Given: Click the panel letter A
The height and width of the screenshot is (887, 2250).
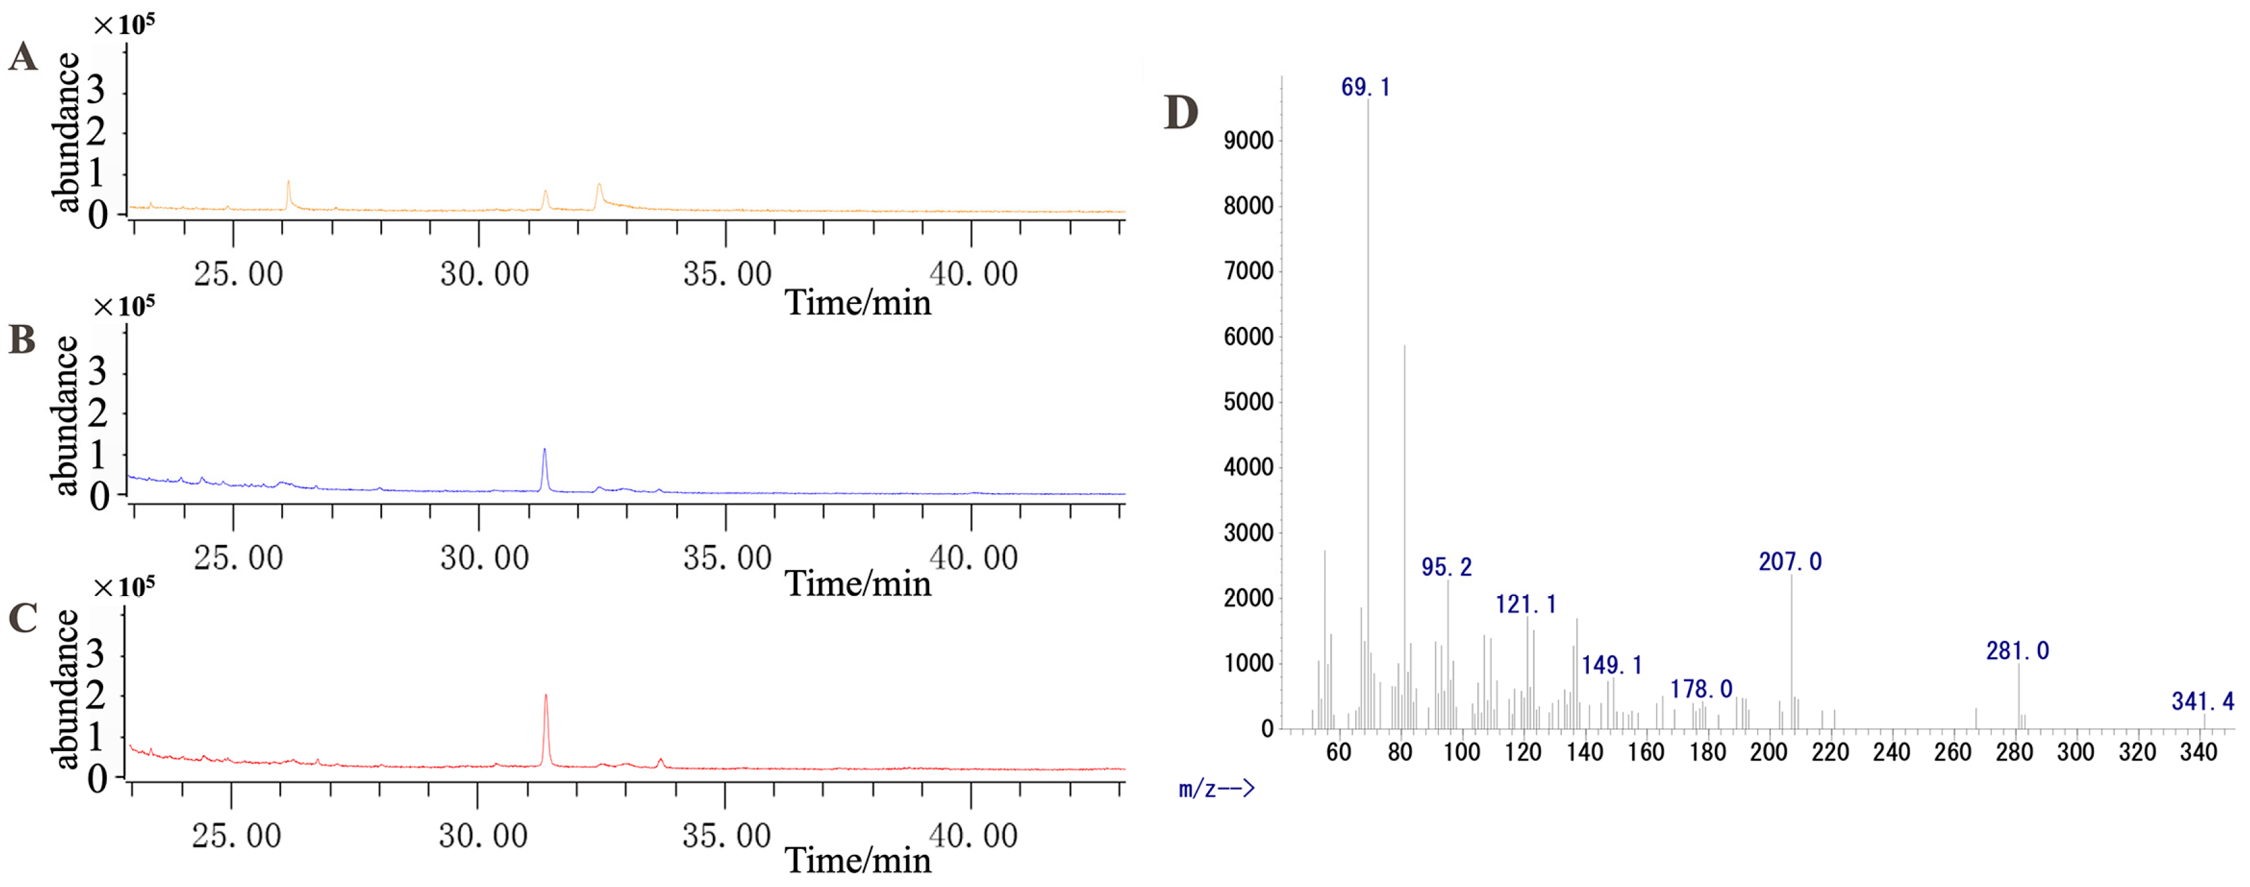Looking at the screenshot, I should point(24,58).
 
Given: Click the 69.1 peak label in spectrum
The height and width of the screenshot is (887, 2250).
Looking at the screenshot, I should point(1364,87).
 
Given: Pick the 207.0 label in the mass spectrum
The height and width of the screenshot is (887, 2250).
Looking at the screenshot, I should point(1790,561).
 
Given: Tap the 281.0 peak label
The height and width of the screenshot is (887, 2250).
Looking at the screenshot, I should point(2017,651).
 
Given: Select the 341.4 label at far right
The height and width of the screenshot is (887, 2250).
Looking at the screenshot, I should point(2202,701).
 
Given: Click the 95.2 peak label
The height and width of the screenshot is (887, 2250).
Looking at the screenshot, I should point(1446,567).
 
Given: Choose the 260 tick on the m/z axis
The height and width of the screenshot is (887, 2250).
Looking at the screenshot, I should point(1952,752).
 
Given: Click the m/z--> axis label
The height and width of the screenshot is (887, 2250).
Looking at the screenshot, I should point(1216,789).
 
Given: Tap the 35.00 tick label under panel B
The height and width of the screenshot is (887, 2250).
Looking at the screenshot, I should point(727,558).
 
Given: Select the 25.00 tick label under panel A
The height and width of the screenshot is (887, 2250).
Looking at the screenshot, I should point(238,274).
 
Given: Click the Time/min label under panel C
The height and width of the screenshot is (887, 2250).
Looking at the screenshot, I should point(857,860).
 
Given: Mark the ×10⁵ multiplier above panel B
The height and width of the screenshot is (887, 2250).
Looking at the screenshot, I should point(123,307).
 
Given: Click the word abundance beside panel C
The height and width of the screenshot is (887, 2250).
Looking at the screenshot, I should point(66,689).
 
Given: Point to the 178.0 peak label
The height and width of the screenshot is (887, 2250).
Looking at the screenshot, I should point(1700,689).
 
